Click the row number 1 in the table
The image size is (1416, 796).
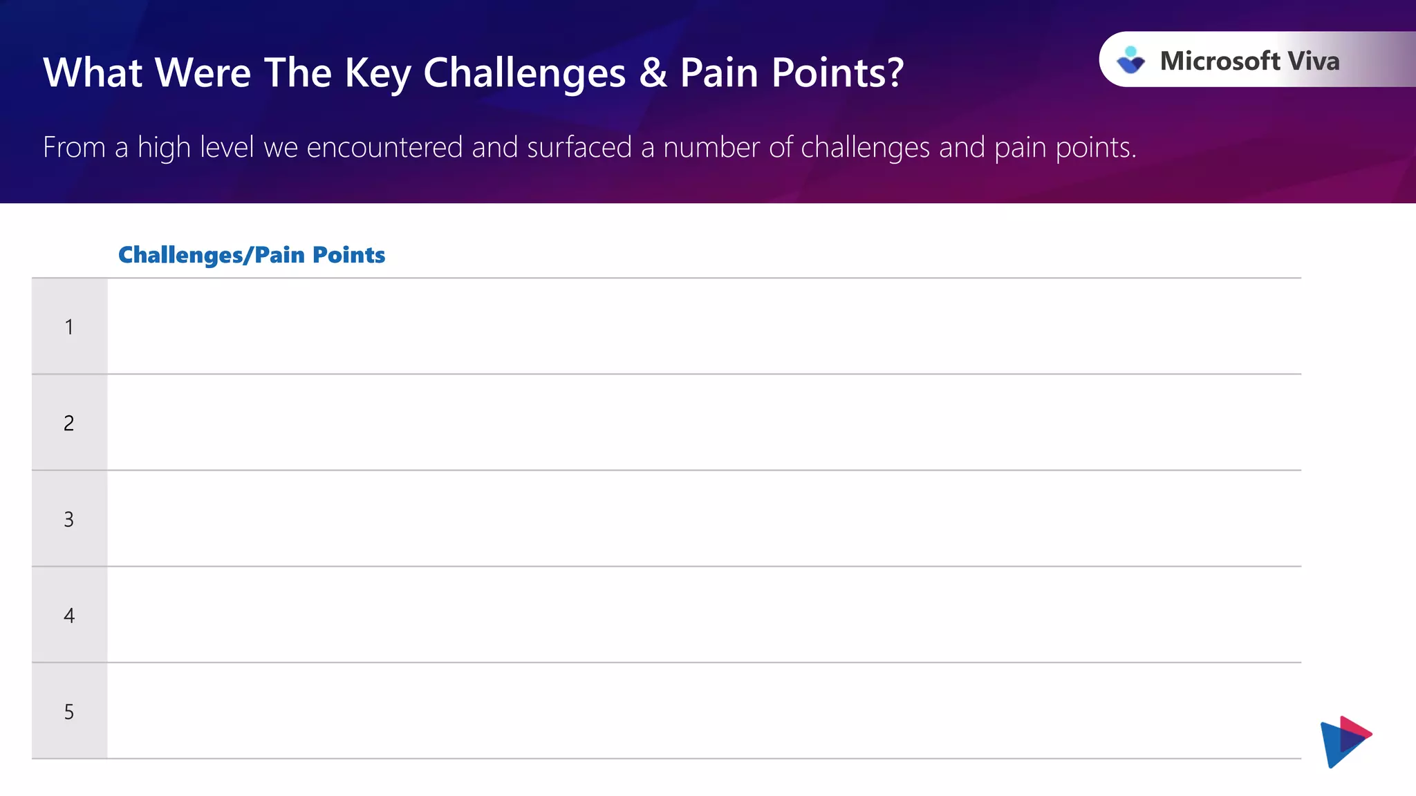(69, 327)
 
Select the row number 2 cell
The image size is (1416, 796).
(69, 423)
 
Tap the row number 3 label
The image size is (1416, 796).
(69, 519)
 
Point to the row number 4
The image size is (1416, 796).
(69, 615)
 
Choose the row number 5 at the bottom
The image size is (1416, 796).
(69, 712)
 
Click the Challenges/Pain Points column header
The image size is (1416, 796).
(252, 255)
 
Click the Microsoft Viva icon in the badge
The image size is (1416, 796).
(1131, 60)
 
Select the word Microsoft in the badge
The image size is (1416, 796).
(1220, 61)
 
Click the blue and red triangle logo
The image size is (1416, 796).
(1345, 741)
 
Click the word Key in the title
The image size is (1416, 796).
(378, 73)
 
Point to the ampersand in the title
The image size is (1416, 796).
(653, 73)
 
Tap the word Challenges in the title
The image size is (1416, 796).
(525, 73)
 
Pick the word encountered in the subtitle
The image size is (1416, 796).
(384, 147)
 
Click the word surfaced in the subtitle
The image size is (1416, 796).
(579, 147)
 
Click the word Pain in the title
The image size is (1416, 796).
(719, 73)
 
